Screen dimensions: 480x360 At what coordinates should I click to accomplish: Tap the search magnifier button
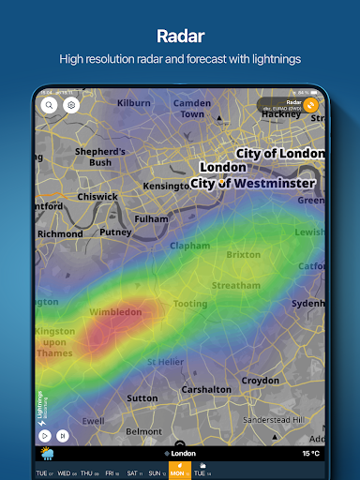pos(50,106)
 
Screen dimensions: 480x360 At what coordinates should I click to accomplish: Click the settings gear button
pos(70,106)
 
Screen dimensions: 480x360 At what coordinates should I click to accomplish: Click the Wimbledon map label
pos(114,312)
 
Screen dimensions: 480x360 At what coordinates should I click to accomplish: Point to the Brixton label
pos(243,254)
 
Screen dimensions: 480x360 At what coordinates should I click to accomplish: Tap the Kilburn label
pos(134,101)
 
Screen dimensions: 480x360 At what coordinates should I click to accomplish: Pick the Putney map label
pos(115,232)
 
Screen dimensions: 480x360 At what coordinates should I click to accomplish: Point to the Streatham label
pos(235,285)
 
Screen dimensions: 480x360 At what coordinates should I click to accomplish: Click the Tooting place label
pos(190,304)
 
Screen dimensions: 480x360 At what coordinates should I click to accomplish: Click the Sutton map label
pos(142,397)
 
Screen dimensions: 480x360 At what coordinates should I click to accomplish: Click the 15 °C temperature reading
pos(310,454)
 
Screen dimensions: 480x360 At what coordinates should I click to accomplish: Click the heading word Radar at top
pos(180,36)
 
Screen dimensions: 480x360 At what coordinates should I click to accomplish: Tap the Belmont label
pos(143,431)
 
